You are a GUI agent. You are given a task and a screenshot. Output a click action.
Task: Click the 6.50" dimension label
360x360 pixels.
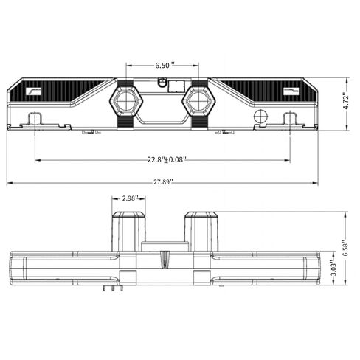(x=165, y=66)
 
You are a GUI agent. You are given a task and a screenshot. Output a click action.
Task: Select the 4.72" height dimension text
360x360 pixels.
(x=346, y=102)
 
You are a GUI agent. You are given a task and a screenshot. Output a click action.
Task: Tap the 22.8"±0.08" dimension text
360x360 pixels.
(x=167, y=160)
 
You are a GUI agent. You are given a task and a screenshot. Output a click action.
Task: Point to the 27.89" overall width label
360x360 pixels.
(x=164, y=182)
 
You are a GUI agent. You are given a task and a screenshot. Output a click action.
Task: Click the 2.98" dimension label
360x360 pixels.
(x=131, y=198)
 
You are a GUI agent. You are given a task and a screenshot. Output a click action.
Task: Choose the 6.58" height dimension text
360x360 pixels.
(x=346, y=249)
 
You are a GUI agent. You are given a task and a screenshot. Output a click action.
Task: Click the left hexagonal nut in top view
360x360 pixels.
(x=126, y=101)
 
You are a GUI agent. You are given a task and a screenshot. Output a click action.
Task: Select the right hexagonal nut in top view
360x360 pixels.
(x=198, y=101)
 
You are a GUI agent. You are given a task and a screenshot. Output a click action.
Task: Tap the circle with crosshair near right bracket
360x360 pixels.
(x=260, y=116)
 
